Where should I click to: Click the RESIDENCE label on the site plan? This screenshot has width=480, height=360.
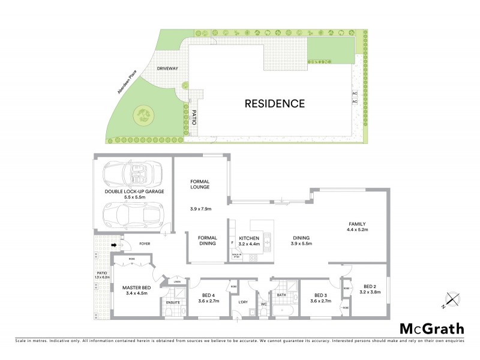click(275, 103)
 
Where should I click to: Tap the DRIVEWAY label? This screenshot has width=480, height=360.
click(167, 69)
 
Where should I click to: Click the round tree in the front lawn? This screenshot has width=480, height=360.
click(144, 114)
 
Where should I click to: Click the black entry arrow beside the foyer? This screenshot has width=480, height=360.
click(114, 244)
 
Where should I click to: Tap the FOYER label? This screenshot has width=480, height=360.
click(145, 244)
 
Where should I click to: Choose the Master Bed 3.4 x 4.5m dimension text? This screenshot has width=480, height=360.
click(136, 293)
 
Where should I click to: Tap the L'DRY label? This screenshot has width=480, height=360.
click(243, 302)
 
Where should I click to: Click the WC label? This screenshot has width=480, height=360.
click(263, 305)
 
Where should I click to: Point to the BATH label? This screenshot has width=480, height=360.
click(281, 295)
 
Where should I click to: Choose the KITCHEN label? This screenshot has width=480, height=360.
click(248, 239)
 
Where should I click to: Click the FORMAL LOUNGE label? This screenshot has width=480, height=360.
click(200, 184)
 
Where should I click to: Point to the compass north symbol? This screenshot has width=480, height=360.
click(451, 298)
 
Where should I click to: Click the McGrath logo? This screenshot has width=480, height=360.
click(431, 328)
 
